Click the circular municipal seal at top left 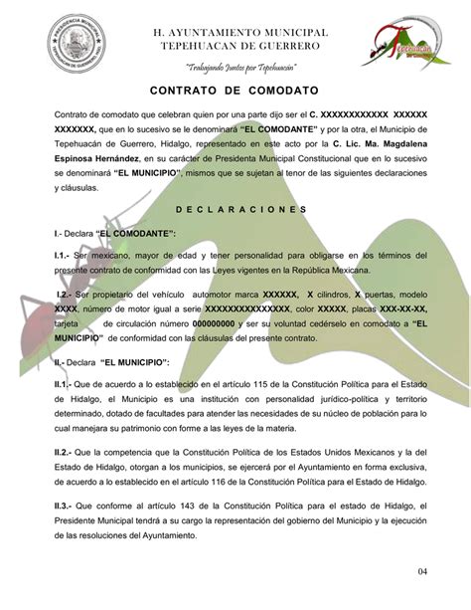point(64,49)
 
